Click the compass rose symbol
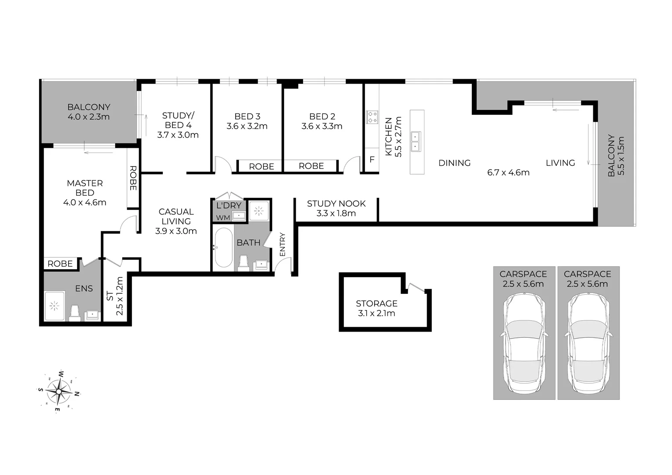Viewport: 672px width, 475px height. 59,391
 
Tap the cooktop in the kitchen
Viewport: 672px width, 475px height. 372,117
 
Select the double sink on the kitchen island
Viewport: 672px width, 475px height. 415,141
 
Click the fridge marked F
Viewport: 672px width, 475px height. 372,159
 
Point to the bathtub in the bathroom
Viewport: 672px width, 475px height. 223,247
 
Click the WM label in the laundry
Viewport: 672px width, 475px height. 223,217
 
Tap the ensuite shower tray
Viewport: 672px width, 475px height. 55,305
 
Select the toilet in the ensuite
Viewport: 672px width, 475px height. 75,313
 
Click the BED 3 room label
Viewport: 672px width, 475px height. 247,116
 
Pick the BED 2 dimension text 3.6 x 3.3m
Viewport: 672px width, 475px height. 322,126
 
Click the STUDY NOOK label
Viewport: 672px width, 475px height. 336,204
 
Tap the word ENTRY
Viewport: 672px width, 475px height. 282,244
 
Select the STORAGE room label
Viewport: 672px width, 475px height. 376,303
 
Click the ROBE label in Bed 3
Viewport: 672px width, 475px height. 262,166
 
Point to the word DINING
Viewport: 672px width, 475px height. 454,163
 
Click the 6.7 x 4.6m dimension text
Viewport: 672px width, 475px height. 508,172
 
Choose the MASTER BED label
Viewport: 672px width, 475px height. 85,188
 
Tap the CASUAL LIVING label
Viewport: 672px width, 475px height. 176,216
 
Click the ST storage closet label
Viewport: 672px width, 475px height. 110,296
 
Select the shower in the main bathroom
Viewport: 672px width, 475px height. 259,211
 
